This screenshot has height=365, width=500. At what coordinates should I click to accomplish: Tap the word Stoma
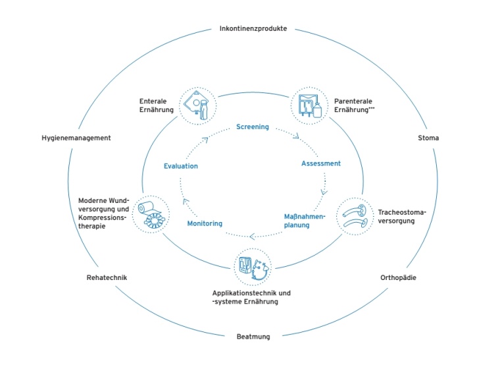[x=428, y=138]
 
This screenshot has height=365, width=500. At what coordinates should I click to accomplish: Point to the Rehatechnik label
[x=106, y=277]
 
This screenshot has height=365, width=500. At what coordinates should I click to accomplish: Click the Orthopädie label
[x=398, y=277]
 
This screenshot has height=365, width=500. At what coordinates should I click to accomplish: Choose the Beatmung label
[x=253, y=337]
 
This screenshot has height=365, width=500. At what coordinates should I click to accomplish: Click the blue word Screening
[x=253, y=126]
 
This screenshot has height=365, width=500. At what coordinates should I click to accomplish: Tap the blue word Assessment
[x=321, y=163]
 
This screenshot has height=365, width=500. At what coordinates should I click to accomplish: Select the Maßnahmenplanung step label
[x=305, y=220]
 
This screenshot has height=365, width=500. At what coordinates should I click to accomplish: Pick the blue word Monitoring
[x=205, y=223]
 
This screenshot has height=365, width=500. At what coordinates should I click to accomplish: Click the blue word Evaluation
[x=181, y=166]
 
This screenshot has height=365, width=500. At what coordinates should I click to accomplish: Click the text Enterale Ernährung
[x=156, y=105]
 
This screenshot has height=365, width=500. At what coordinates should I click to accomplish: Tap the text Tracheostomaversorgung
[x=402, y=216]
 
